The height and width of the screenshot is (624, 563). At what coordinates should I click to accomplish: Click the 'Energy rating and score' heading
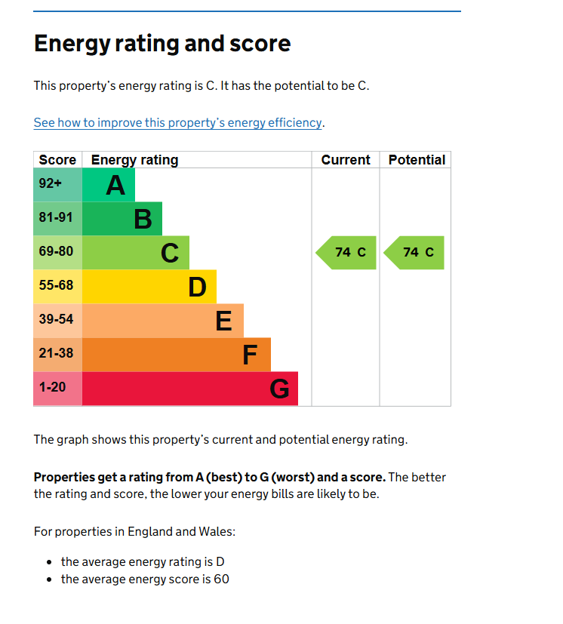(162, 43)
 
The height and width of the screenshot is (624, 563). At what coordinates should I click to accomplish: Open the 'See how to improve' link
(178, 122)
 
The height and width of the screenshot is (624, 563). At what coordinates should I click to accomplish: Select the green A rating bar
(109, 185)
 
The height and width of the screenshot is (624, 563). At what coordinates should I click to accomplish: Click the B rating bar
(122, 219)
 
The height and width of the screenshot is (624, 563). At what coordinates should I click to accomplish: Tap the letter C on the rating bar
(170, 254)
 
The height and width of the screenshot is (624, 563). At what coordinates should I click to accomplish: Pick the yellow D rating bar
(149, 287)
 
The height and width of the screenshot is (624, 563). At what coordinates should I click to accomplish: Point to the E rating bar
(163, 321)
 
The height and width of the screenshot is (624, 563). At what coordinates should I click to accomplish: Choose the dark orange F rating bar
(177, 355)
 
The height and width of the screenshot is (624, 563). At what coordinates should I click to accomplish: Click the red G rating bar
(190, 389)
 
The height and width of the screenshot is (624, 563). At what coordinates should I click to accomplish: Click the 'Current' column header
(346, 160)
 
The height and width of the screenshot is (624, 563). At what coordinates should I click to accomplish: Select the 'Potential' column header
(417, 160)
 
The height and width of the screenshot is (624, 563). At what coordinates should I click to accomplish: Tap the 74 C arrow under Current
(346, 253)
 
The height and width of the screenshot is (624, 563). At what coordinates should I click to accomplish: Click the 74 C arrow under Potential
(415, 253)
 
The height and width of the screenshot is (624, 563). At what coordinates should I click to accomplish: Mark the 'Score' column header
(57, 160)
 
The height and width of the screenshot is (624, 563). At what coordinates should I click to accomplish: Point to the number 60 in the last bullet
(220, 579)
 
